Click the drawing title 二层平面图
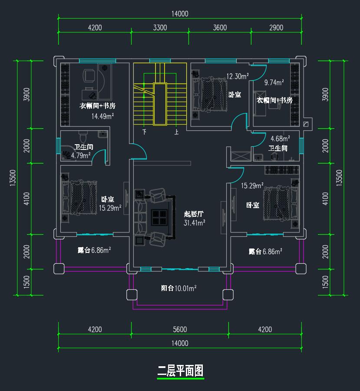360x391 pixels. [x=180, y=371]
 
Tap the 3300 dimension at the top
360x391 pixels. [x=160, y=28]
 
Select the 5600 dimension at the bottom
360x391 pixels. [x=179, y=330]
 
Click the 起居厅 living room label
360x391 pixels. [x=194, y=214]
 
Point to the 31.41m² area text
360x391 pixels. [x=195, y=222]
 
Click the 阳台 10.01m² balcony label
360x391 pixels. [x=179, y=288]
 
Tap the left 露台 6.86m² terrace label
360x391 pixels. [x=94, y=250]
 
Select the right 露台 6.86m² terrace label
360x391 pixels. [x=265, y=251]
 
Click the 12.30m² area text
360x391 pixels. [x=237, y=77]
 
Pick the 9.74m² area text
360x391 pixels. [x=274, y=82]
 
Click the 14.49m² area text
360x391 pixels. [x=102, y=116]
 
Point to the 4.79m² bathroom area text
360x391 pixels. [x=81, y=155]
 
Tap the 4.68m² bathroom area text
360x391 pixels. [x=280, y=139]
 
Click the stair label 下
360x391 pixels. [x=145, y=131]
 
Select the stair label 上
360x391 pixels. [x=176, y=131]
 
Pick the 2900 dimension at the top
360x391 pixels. [x=276, y=28]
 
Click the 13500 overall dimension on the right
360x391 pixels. [x=339, y=177]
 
